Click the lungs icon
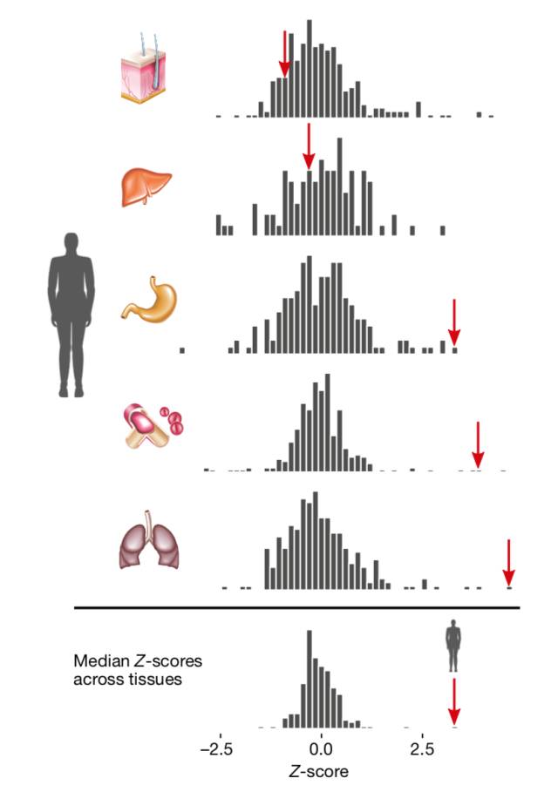click(146, 545)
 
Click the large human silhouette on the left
click(70, 314)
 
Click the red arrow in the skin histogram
click(283, 55)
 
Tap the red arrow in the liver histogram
click(308, 146)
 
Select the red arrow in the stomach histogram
click(453, 322)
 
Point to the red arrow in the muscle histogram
click(477, 444)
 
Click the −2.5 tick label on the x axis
click(219, 748)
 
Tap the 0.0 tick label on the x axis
click(321, 748)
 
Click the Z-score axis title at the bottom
click(320, 771)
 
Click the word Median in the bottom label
click(99, 660)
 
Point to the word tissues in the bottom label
click(158, 678)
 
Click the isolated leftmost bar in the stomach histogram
click(182, 350)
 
